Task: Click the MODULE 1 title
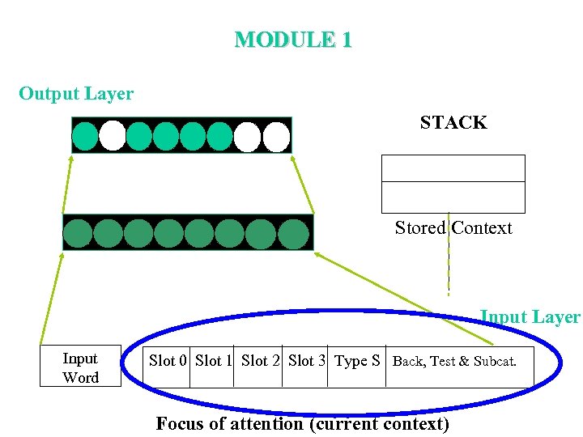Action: pos(292,40)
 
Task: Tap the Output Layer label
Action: pos(76,94)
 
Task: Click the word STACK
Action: pos(453,123)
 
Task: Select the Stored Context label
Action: pos(453,228)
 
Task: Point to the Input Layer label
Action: pos(530,317)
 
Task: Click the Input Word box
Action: pos(80,367)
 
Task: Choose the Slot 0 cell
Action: pos(168,361)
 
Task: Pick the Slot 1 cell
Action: pos(214,361)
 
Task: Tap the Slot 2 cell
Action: pos(260,361)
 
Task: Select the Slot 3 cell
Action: pos(306,361)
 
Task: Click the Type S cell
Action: pos(357,361)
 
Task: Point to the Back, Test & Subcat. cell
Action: pos(454,361)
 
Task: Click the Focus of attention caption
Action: pos(302,423)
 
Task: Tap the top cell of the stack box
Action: pos(453,168)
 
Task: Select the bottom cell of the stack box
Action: pos(453,197)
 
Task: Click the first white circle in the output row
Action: pos(112,136)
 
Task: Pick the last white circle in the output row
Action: pos(276,136)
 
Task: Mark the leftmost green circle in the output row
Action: pos(84,136)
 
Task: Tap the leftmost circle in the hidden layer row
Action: pos(78,233)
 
